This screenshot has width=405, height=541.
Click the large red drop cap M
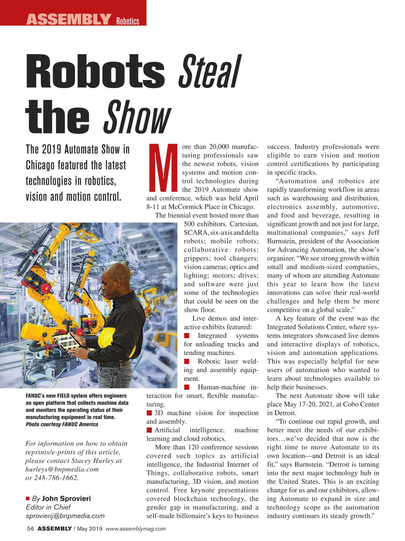163,167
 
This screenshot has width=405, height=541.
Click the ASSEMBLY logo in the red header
69,19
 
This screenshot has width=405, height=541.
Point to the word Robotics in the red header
128,21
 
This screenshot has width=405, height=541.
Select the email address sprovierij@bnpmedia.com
65,516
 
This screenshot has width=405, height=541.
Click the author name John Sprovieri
66,498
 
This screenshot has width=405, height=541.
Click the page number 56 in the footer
30,529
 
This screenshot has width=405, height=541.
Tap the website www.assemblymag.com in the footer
136,529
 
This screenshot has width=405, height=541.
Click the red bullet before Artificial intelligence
149,430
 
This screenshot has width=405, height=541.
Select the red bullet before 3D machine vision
149,413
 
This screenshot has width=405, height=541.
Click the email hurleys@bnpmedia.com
62,469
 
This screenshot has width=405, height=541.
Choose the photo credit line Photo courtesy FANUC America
62,424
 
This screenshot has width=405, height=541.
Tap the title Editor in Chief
48,507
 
